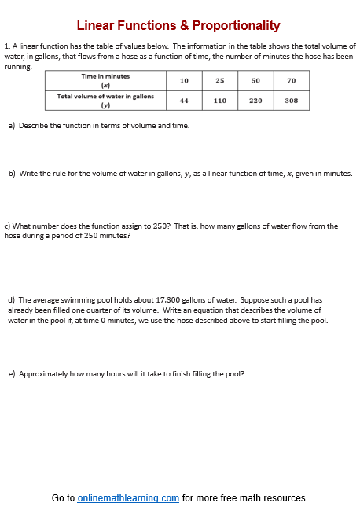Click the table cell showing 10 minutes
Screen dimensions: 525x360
point(184,81)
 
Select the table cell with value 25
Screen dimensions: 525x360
point(220,81)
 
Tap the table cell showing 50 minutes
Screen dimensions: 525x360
point(255,81)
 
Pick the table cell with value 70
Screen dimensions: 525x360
point(291,81)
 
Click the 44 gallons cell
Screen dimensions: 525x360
point(184,101)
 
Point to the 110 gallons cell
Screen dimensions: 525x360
point(220,101)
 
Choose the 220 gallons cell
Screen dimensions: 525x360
point(255,101)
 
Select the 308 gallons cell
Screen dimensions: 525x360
point(291,101)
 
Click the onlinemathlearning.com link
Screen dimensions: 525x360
point(128,498)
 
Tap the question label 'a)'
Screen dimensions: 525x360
point(11,125)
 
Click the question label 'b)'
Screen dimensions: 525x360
point(11,173)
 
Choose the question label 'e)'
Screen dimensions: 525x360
point(11,373)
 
